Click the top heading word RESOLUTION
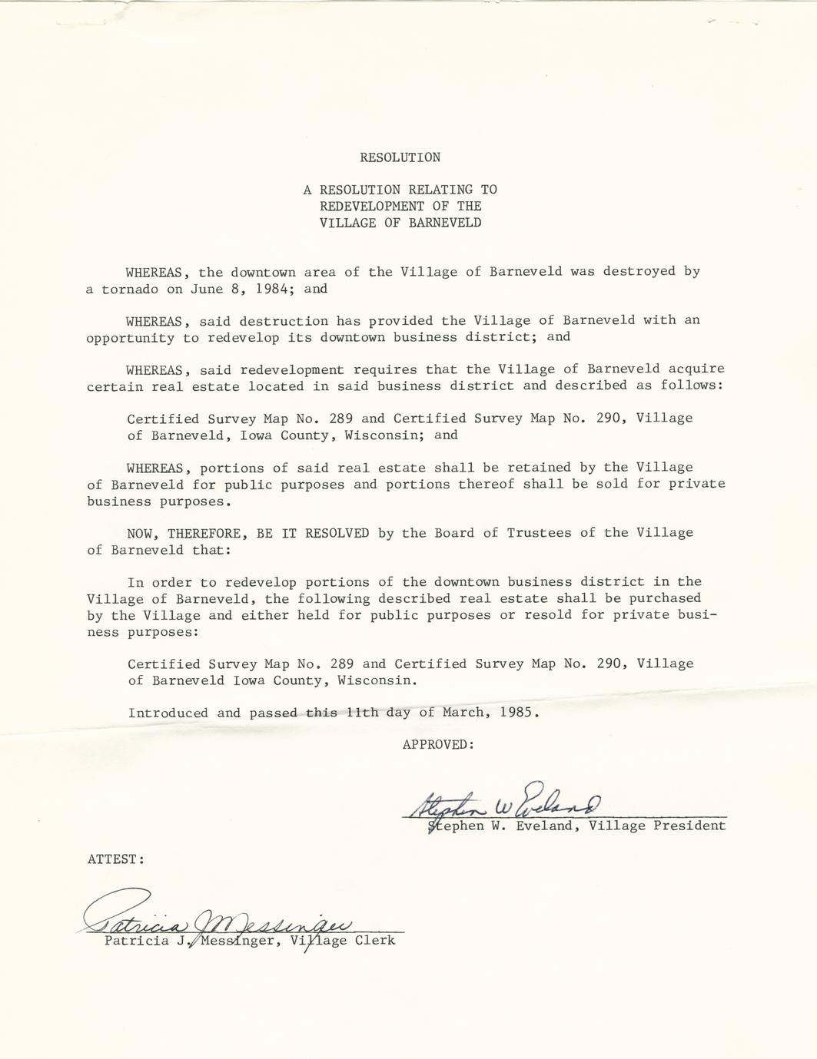click(x=400, y=157)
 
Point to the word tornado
click(x=130, y=290)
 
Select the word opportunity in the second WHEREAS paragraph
click(x=130, y=338)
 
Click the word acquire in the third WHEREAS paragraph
click(x=696, y=369)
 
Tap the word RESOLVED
click(x=337, y=533)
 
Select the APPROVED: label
click(x=438, y=744)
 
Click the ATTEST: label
click(x=116, y=859)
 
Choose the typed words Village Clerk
click(x=343, y=941)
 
